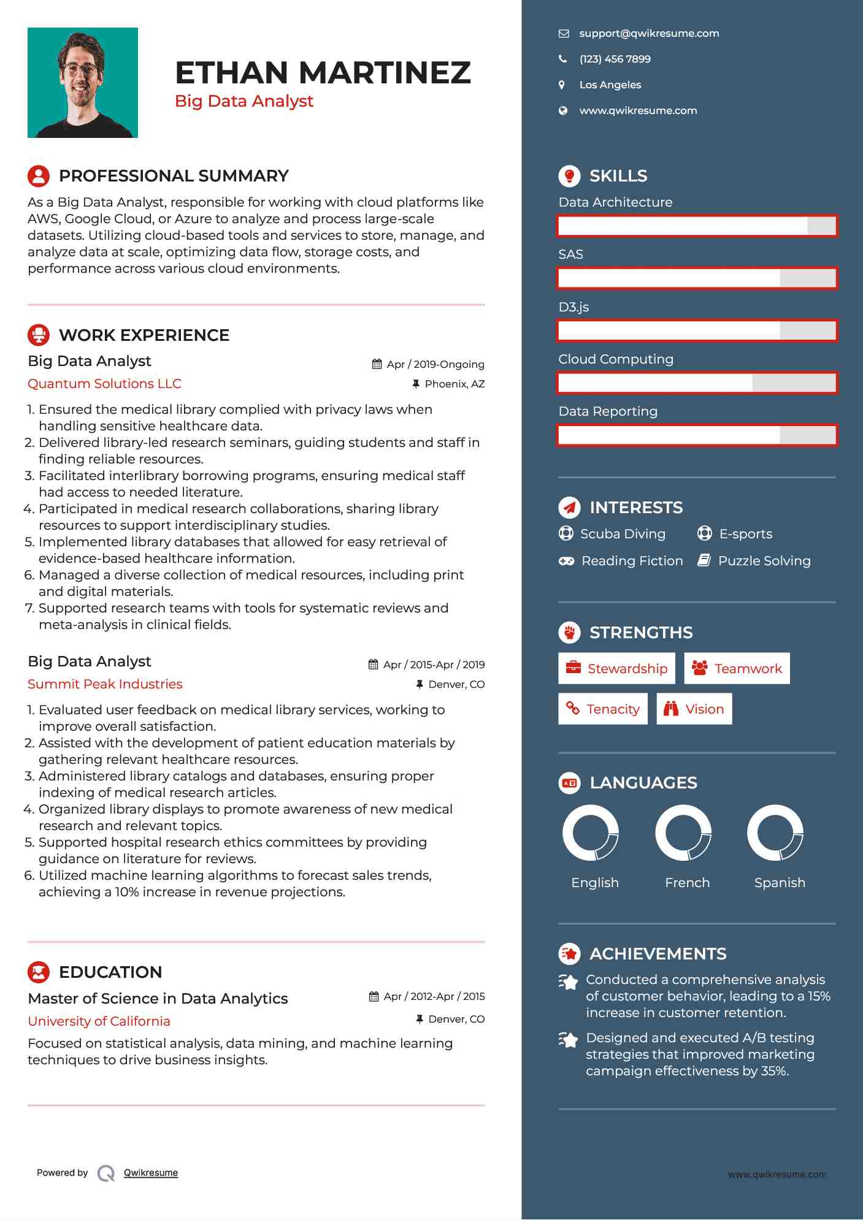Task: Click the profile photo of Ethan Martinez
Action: [83, 83]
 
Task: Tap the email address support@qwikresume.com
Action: [649, 34]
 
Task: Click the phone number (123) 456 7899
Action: [615, 59]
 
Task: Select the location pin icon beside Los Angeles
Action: [562, 85]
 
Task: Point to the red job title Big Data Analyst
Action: [244, 101]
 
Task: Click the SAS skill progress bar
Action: [697, 278]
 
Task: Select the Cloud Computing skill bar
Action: [697, 383]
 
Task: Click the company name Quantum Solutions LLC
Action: [104, 384]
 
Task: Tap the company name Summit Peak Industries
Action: [105, 684]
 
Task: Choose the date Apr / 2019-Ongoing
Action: [435, 364]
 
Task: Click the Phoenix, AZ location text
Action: [455, 384]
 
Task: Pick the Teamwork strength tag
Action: [737, 669]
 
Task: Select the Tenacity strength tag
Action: [603, 709]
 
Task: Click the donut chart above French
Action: [683, 833]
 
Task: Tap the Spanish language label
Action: [780, 883]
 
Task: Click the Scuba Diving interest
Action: [623, 534]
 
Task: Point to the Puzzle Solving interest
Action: [764, 561]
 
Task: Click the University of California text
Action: [99, 1021]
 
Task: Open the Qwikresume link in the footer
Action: [151, 1173]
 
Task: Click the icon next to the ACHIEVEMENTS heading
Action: [569, 954]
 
